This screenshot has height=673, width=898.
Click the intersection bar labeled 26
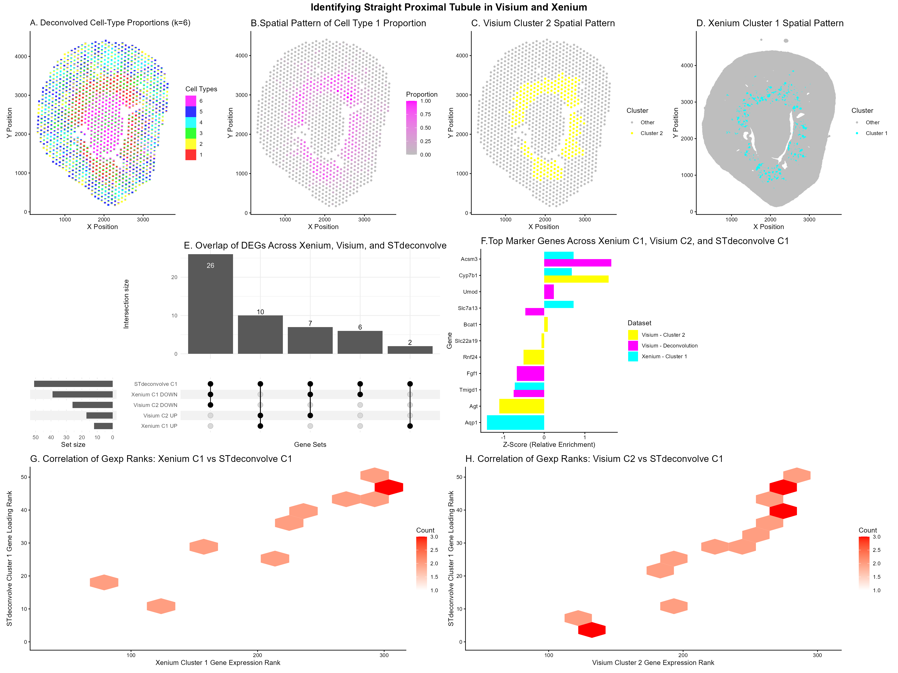pos(210,304)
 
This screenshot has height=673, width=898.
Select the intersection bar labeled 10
pos(260,335)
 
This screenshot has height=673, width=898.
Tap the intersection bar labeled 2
pos(410,350)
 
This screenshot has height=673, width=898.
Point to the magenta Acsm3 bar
pos(577,263)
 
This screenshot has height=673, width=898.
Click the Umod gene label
pos(470,292)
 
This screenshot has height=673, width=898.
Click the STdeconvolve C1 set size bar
pos(73,384)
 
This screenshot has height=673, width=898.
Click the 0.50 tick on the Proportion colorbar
pos(425,128)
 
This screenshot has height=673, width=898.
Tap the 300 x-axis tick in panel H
pos(817,655)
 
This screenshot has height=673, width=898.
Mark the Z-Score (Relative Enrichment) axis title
pos(549,445)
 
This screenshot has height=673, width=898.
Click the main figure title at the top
pos(449,7)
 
